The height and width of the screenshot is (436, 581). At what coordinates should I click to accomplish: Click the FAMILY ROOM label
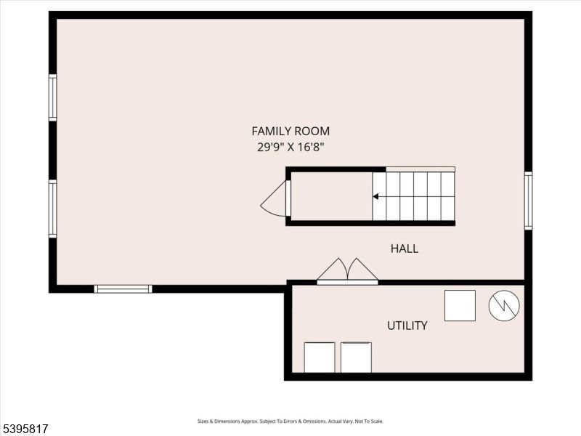(x=290, y=132)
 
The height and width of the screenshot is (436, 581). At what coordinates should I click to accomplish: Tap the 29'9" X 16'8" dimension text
(x=290, y=147)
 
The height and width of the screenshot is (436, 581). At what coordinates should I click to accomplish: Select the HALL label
(x=405, y=249)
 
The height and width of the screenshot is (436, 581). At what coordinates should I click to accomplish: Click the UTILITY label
(x=407, y=326)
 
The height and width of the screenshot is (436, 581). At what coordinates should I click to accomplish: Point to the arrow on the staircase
(x=375, y=196)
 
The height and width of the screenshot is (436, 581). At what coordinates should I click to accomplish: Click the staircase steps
(x=414, y=196)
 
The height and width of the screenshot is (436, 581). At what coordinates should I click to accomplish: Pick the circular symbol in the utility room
(x=504, y=306)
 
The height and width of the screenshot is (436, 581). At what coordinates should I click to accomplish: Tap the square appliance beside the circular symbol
(x=460, y=305)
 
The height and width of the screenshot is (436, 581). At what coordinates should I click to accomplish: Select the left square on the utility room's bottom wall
(x=320, y=357)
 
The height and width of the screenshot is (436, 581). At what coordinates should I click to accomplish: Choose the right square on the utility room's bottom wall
(x=356, y=357)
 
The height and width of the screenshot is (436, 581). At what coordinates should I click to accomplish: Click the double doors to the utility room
(x=347, y=271)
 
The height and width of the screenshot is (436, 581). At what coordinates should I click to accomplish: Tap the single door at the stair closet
(x=276, y=199)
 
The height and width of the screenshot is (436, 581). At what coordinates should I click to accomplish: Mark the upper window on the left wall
(x=52, y=97)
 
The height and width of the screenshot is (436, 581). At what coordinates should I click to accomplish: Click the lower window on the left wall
(x=52, y=209)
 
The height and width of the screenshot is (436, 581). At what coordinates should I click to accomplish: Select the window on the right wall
(x=528, y=201)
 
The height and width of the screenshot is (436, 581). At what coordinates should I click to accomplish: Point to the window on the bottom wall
(x=123, y=288)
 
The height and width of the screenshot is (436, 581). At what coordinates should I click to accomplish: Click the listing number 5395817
(x=25, y=429)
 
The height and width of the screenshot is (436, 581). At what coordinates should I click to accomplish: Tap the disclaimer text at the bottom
(x=290, y=421)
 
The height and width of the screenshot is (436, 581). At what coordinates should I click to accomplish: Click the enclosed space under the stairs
(x=331, y=196)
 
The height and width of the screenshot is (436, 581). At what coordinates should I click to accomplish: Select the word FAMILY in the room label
(x=271, y=132)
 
